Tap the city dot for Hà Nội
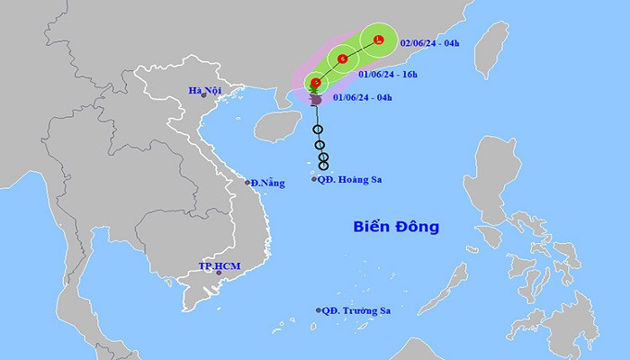click(x=203, y=95)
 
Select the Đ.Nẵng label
click(x=268, y=183)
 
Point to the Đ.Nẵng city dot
click(x=248, y=183)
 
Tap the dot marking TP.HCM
click(x=215, y=274)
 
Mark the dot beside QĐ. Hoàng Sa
click(x=314, y=180)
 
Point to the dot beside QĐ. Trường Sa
click(x=319, y=310)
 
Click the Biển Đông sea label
click(x=395, y=227)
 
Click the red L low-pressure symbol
click(x=379, y=40)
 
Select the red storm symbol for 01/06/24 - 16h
click(x=343, y=59)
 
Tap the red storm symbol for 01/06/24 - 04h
click(x=315, y=83)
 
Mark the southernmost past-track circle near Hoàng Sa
click(x=324, y=165)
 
